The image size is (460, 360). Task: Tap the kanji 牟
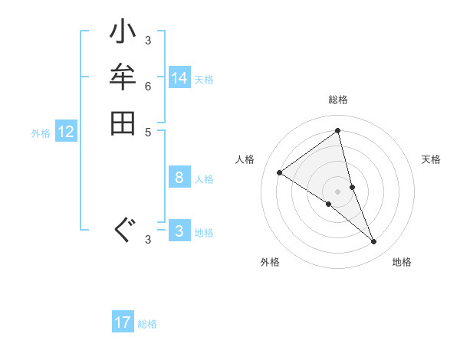[x=123, y=77]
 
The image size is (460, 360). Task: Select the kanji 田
[x=123, y=123]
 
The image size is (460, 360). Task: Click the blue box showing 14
[x=179, y=78]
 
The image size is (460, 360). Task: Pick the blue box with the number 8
[x=179, y=178]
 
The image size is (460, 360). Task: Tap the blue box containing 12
[x=66, y=132]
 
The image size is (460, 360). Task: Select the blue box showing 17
[x=123, y=322]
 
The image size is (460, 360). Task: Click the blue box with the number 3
[x=179, y=231]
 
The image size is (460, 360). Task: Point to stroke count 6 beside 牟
[x=148, y=87]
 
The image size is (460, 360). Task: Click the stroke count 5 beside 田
[x=148, y=131]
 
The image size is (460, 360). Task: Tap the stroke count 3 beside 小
[x=148, y=41]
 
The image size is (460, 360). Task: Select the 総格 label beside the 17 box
[x=147, y=324]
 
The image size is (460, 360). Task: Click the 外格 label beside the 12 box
[x=41, y=133]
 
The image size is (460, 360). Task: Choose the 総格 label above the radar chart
[x=338, y=100]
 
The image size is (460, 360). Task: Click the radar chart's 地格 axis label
[x=402, y=262]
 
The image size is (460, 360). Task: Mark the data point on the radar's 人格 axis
[x=280, y=173]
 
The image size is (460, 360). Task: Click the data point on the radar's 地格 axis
[x=373, y=242]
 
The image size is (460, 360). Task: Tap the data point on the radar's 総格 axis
[x=338, y=130]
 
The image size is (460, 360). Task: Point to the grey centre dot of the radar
[x=338, y=191]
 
